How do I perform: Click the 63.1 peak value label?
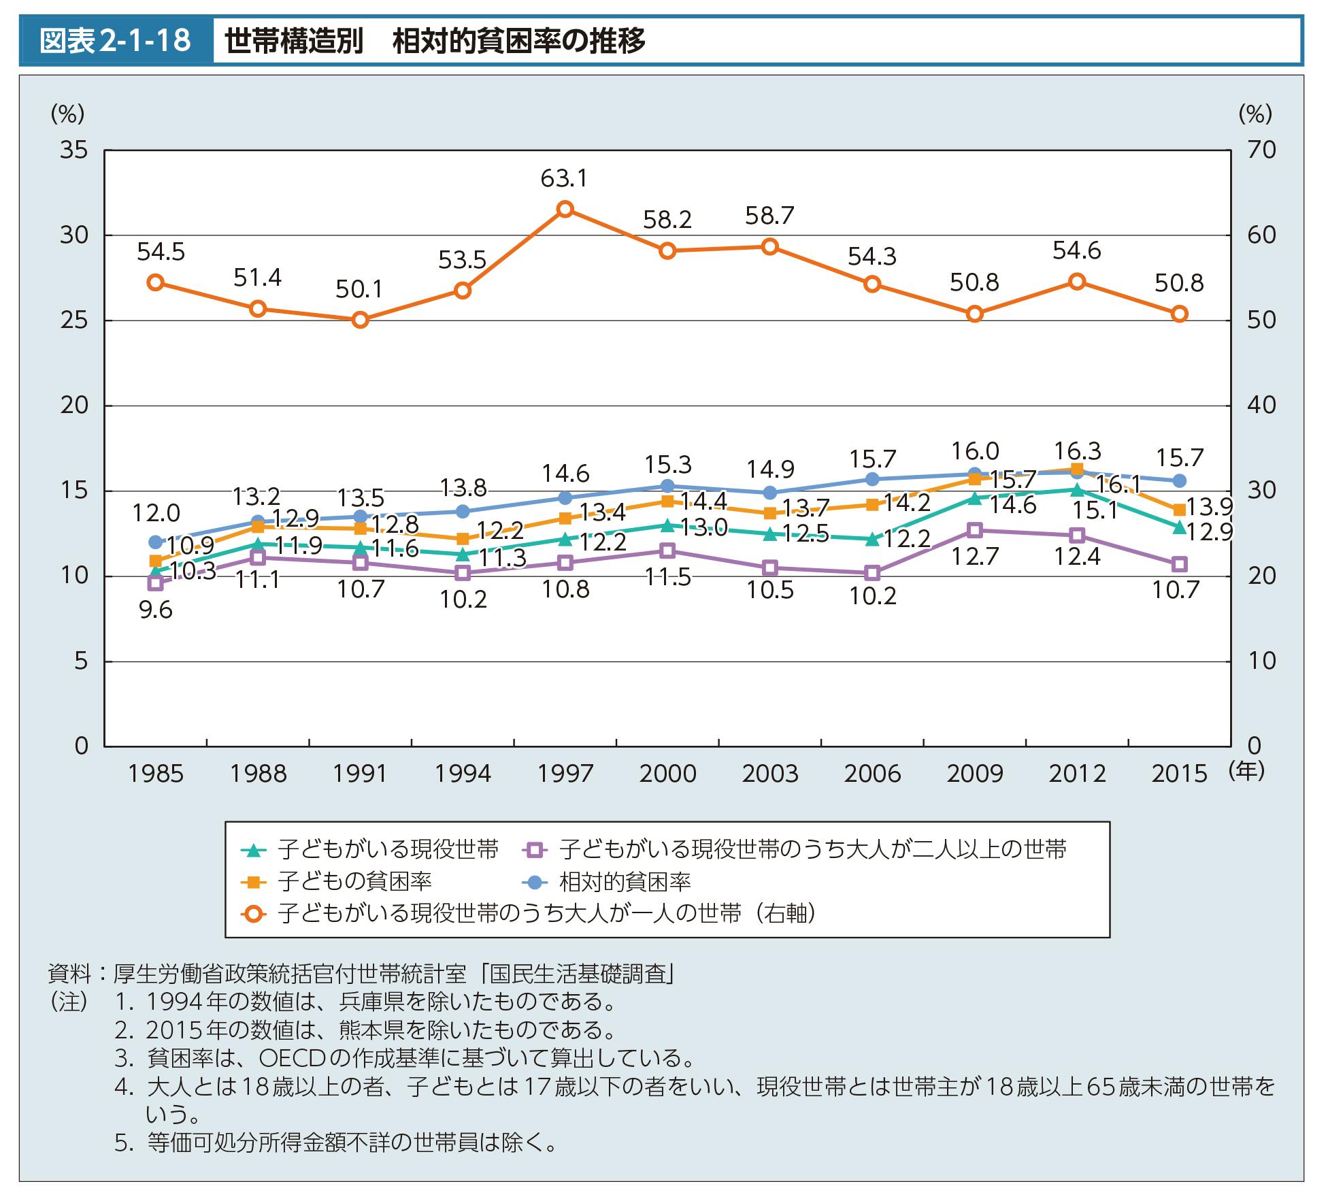tap(564, 179)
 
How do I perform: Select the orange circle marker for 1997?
tap(565, 209)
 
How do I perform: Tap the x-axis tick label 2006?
tap(872, 774)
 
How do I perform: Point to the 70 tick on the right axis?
tap(1261, 150)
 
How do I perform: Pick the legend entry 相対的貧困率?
tap(625, 882)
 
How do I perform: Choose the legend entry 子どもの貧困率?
tap(354, 882)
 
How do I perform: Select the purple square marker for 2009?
tap(975, 530)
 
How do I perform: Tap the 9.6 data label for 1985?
tap(156, 610)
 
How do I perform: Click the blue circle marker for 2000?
tap(667, 486)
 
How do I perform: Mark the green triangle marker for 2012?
tap(1077, 489)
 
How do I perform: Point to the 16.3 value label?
tap(1077, 451)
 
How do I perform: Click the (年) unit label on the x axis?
tap(1247, 771)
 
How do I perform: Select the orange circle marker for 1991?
tap(361, 320)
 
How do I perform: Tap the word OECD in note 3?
tap(293, 1058)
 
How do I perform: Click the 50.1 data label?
tap(359, 291)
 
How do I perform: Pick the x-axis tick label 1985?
tap(156, 774)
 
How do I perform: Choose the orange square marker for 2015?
tap(1180, 510)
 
